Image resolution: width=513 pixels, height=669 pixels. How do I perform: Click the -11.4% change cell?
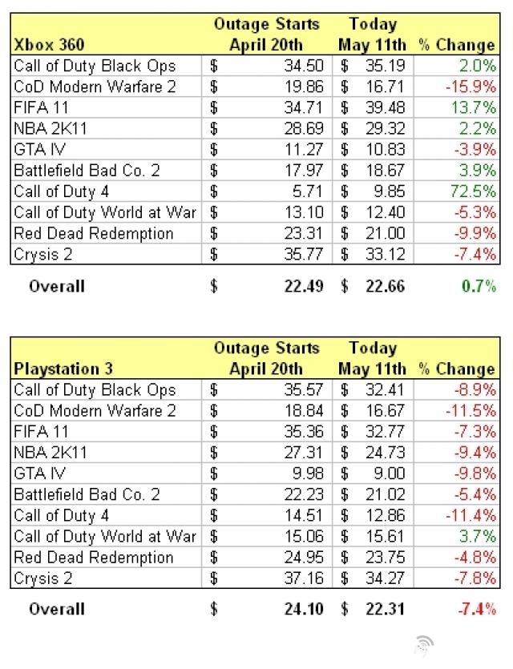coord(473,516)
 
